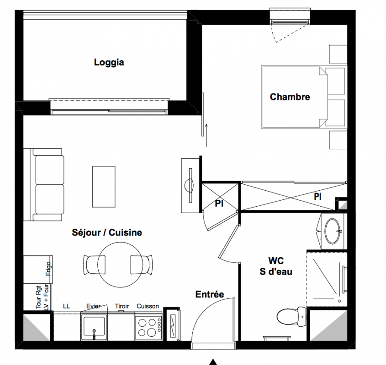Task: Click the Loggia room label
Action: click(x=109, y=63)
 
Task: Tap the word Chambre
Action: click(x=290, y=97)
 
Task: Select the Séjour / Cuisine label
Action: click(x=107, y=232)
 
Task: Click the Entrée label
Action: click(x=210, y=294)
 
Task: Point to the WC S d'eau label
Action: click(x=276, y=266)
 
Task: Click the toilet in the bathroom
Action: click(x=291, y=317)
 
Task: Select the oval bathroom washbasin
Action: click(x=333, y=231)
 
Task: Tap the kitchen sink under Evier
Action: click(x=94, y=327)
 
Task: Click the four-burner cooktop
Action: click(x=148, y=327)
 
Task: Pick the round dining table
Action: click(x=120, y=265)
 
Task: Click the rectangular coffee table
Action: click(x=104, y=187)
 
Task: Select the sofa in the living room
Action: click(x=47, y=184)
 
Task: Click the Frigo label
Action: click(x=48, y=269)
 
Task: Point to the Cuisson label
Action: click(x=148, y=306)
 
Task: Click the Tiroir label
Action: click(x=122, y=306)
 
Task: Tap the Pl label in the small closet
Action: click(x=219, y=203)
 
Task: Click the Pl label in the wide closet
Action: click(x=317, y=197)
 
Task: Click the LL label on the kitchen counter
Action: click(x=66, y=306)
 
